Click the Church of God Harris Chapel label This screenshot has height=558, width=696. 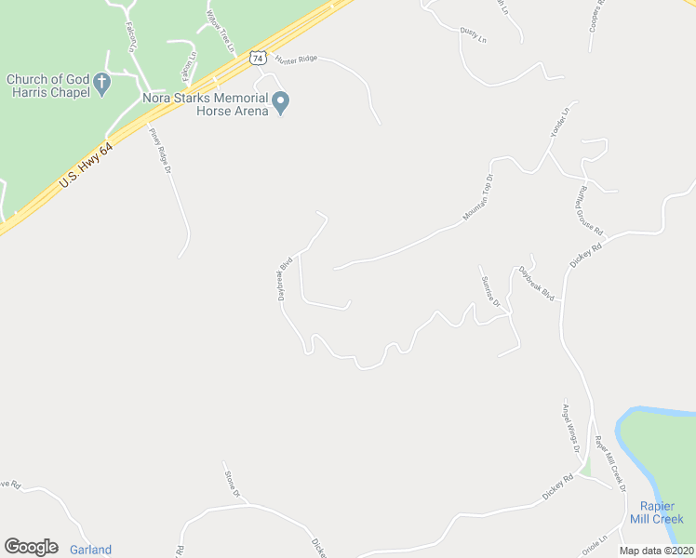click(x=47, y=86)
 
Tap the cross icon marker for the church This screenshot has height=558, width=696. click(x=102, y=86)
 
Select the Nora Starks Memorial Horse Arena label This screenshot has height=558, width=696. click(x=205, y=104)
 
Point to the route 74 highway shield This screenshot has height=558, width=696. click(x=258, y=58)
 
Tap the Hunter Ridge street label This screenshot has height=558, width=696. click(x=297, y=59)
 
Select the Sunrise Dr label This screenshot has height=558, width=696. click(x=490, y=291)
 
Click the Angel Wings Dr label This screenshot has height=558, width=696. click(x=569, y=428)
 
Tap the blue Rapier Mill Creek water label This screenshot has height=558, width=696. click(x=662, y=513)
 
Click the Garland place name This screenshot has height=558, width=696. click(x=90, y=550)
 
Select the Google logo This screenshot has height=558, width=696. click(x=31, y=547)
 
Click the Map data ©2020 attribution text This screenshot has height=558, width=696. click(x=656, y=551)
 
